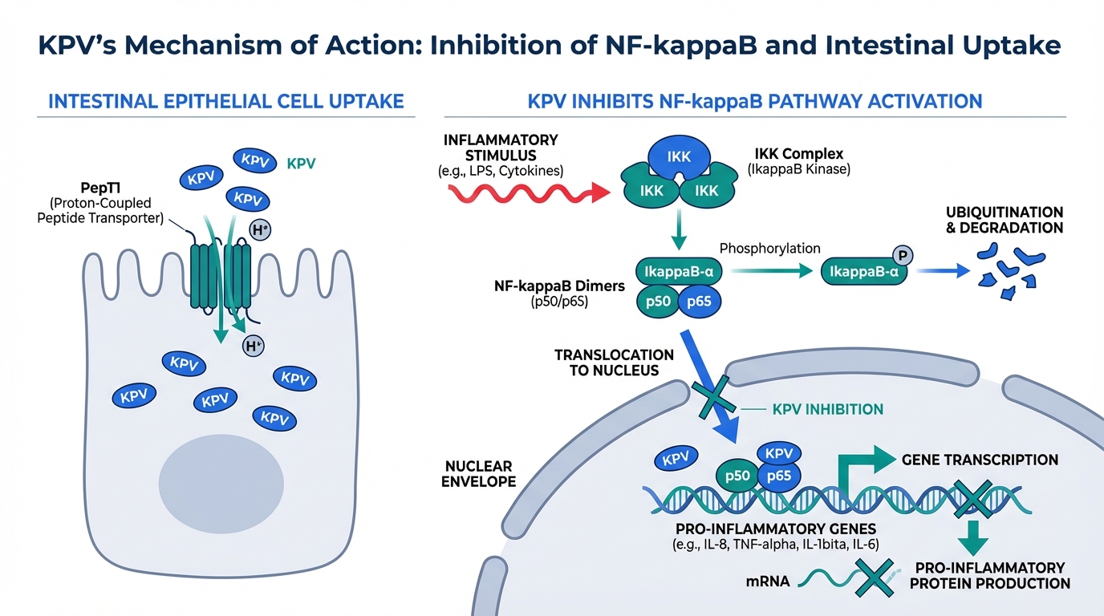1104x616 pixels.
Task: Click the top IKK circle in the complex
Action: [679, 157]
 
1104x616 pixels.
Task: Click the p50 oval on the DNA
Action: [737, 476]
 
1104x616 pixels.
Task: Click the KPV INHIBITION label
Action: [827, 409]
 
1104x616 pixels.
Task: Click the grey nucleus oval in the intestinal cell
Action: [222, 480]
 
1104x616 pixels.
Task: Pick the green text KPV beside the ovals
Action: [302, 164]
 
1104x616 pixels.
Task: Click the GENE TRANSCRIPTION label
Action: [980, 460]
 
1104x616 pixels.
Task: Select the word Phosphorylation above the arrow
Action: [769, 249]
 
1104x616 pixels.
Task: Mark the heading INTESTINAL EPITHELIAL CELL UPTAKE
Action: [226, 102]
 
